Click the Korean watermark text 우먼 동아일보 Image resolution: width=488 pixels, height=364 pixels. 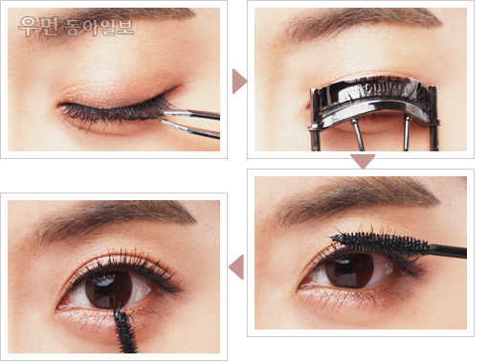pos(76,27)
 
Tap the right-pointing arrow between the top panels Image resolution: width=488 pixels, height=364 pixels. pos(239,81)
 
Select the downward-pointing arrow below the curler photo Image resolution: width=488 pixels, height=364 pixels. pos(363,161)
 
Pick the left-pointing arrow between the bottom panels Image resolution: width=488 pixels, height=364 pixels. pos(236,267)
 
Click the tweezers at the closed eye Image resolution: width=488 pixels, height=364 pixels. pos(189,122)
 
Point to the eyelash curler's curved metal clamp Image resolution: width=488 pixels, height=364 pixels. pos(374,98)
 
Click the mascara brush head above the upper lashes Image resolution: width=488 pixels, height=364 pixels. pos(380,243)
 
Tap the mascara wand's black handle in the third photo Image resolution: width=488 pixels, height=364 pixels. pos(447,250)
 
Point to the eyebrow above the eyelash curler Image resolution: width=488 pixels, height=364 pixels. pos(361,22)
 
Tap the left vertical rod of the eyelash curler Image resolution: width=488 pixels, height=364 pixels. pos(358,135)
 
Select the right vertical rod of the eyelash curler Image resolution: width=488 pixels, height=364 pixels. pos(407,133)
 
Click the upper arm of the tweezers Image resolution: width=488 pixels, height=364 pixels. pos(190,114)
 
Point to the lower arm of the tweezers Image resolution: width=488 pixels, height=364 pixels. pos(190,129)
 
